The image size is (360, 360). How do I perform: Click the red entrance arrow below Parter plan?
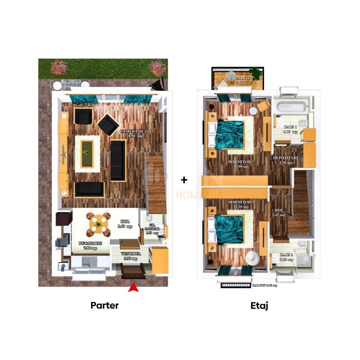[133, 288]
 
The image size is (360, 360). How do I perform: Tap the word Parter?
[104, 305]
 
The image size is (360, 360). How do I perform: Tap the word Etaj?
[259, 305]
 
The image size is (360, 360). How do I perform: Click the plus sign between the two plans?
[184, 180]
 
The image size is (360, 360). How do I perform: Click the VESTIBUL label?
[130, 255]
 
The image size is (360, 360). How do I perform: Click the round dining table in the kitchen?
[97, 223]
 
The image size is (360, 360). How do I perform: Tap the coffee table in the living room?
[87, 153]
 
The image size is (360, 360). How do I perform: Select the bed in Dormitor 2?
[231, 229]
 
